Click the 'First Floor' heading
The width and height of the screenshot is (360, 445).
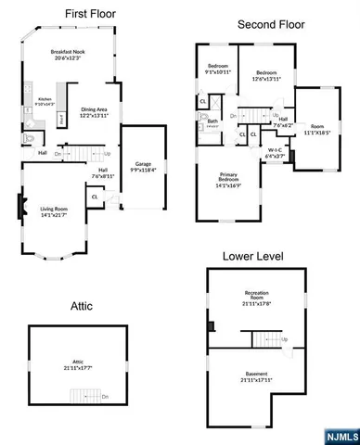[x=90, y=14]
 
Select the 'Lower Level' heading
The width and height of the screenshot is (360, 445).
[x=252, y=256]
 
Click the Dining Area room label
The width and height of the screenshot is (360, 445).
[x=95, y=111]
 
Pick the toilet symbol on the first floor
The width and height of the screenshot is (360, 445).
[x=27, y=139]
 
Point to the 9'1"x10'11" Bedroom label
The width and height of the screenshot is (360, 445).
[x=217, y=69]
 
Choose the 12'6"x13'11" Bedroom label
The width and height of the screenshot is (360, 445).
[x=266, y=75]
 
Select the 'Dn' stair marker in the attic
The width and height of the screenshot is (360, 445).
[x=105, y=397]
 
